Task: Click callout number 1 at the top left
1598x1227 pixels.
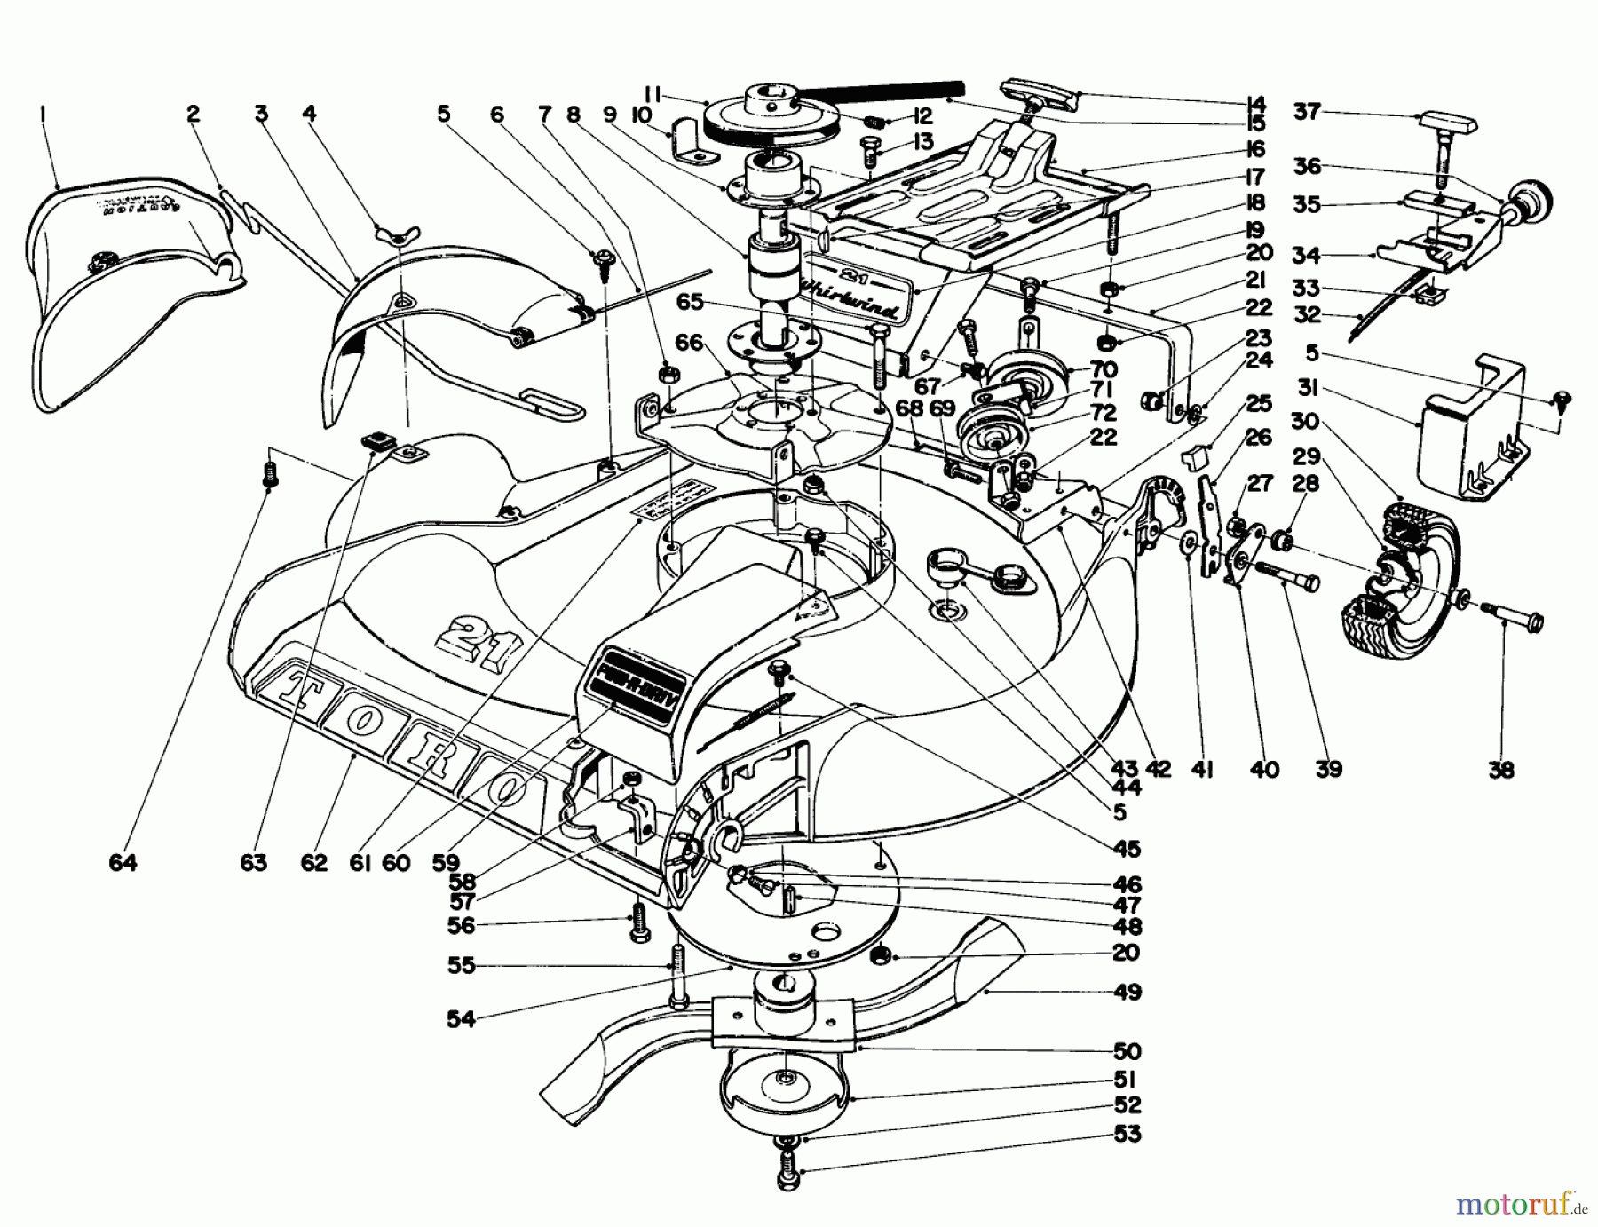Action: pyautogui.click(x=42, y=113)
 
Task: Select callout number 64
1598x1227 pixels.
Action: pyautogui.click(x=123, y=862)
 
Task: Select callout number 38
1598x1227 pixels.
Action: pyautogui.click(x=1501, y=770)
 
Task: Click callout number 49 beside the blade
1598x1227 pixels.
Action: pyautogui.click(x=1127, y=992)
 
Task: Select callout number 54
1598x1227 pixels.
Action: pyautogui.click(x=462, y=1020)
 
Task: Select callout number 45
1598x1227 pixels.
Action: pyautogui.click(x=1127, y=850)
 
